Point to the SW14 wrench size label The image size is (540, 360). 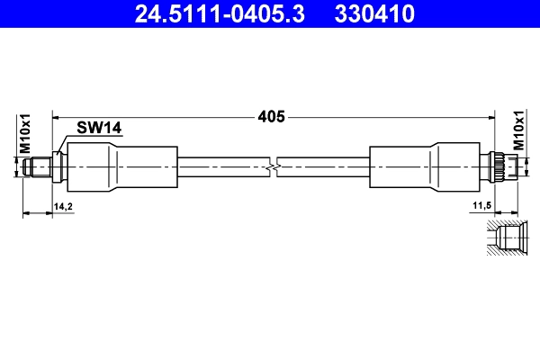tap(99, 130)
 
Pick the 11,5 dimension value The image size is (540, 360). tap(481, 206)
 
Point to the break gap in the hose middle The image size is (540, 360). tap(274, 166)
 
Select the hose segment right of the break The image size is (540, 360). tap(324, 166)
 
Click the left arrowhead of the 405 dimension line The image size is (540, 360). tap(56, 116)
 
